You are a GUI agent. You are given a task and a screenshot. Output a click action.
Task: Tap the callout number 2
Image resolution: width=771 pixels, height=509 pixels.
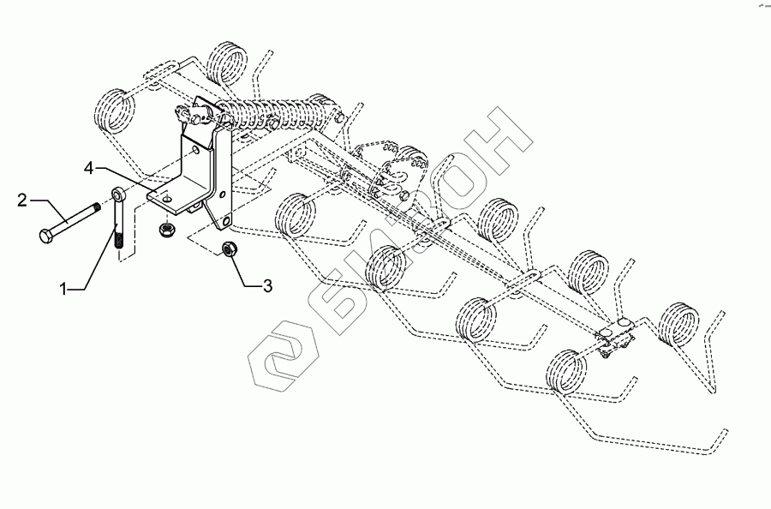pyautogui.click(x=21, y=201)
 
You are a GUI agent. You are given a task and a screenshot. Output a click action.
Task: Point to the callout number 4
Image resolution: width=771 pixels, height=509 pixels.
pyautogui.click(x=88, y=167)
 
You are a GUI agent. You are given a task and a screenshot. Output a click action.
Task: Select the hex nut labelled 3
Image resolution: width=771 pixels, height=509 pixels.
pyautogui.click(x=229, y=249)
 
